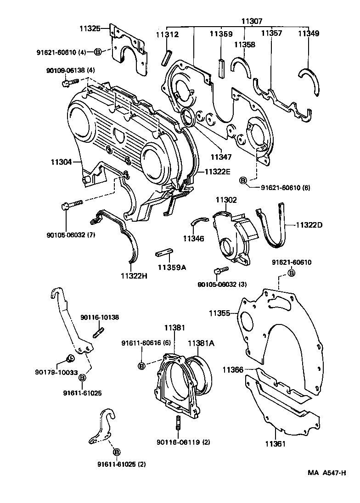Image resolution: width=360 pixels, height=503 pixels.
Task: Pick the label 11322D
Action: pyautogui.click(x=309, y=225)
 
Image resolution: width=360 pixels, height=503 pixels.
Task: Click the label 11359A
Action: pyautogui.click(x=172, y=267)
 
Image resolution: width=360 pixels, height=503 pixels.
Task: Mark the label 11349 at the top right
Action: pyautogui.click(x=309, y=34)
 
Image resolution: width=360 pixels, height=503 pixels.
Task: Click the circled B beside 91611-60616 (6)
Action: pyautogui.click(x=142, y=365)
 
